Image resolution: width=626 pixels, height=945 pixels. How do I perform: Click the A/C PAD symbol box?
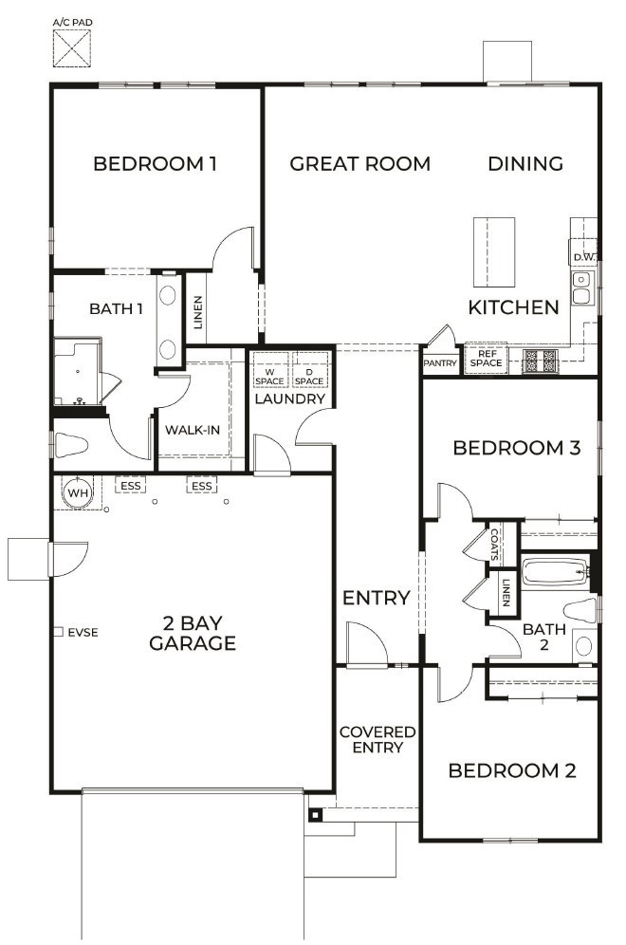pos(72,47)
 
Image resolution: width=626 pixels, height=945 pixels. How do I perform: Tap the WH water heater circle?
pos(78,492)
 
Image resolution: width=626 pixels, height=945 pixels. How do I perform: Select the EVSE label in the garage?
pos(83,632)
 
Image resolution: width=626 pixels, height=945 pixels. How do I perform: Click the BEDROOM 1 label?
pos(155,163)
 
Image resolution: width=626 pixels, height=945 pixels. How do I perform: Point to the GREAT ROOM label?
pos(359,163)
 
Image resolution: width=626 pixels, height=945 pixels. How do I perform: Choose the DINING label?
pos(525,163)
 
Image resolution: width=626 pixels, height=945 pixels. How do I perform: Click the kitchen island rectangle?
pos(494,252)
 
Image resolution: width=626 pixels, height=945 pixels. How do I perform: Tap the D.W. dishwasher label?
pos(584,257)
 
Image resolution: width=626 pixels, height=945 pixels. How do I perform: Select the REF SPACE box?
pos(487,359)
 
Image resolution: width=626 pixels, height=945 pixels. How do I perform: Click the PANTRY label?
pos(440,363)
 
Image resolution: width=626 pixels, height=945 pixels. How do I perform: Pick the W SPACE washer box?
pos(269,369)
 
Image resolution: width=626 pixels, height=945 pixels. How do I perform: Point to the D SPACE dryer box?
pos(310,369)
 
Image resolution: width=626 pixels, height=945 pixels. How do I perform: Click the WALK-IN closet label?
pos(193,430)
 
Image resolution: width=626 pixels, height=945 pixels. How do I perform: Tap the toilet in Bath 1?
pos(72,445)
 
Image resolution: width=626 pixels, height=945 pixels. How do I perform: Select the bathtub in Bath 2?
pos(555,572)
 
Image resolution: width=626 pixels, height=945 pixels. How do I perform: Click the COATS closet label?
pos(495,545)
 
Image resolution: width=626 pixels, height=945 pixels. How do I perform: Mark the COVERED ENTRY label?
pos(377,739)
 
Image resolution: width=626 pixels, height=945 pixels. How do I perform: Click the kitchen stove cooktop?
pos(541,360)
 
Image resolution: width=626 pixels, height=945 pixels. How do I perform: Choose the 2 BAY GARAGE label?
pos(193,633)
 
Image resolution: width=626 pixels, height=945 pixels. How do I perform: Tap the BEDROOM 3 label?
pos(516,448)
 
